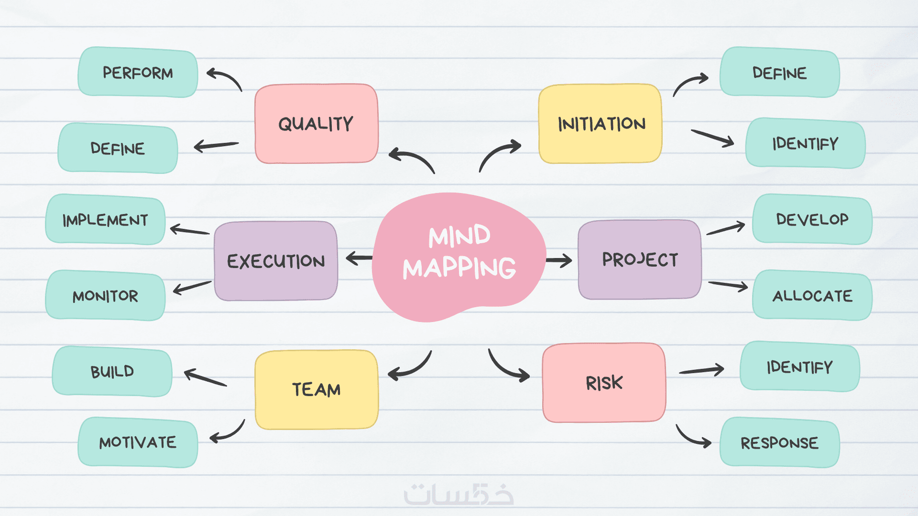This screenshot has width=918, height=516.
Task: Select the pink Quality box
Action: click(317, 124)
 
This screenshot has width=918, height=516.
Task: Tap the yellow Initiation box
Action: click(601, 124)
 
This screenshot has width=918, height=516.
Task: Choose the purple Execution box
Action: click(276, 261)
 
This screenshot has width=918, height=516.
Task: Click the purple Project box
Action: click(640, 259)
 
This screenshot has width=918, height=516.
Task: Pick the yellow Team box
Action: click(317, 389)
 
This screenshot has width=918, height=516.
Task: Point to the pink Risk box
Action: click(604, 382)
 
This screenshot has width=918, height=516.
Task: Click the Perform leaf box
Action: click(138, 72)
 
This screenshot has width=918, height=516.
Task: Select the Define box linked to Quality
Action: click(118, 148)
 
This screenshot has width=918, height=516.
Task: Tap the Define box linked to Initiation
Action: click(779, 72)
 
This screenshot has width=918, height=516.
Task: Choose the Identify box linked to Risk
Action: click(800, 366)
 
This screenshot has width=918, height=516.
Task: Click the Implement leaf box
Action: click(105, 219)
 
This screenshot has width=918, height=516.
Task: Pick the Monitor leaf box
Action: click(105, 295)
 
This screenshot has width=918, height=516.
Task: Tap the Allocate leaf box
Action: click(812, 295)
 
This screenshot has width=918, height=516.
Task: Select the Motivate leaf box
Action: click(138, 442)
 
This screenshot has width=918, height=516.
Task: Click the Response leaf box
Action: click(779, 442)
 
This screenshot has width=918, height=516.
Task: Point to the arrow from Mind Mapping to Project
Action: click(559, 260)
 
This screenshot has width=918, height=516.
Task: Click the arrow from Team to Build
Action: click(206, 377)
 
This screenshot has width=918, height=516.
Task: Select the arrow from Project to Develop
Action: click(726, 228)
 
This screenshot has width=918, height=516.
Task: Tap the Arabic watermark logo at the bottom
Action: click(459, 494)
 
